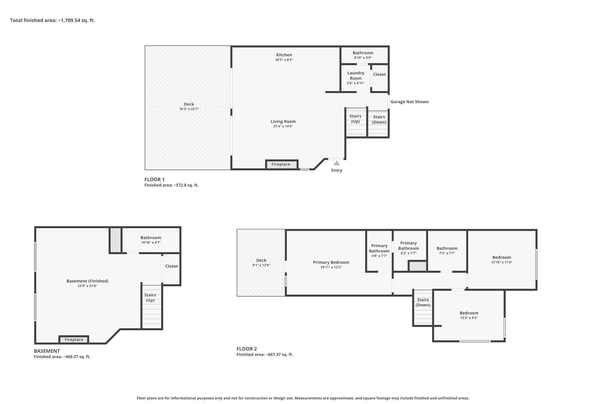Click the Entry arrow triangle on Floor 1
tap(337, 163)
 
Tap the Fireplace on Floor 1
tap(282, 164)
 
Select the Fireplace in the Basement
tap(74, 339)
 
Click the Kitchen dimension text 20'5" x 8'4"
tap(284, 60)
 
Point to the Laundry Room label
tap(356, 75)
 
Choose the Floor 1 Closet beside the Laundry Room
tap(379, 78)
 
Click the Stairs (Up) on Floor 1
tap(356, 123)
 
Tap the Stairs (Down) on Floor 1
tap(378, 124)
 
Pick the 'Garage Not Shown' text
tap(410, 102)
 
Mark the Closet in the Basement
tap(171, 269)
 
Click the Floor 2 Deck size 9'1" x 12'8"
tap(261, 265)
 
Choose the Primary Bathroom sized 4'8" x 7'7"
tap(379, 251)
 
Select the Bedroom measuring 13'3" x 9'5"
tap(469, 316)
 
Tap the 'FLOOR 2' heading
tap(247, 349)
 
